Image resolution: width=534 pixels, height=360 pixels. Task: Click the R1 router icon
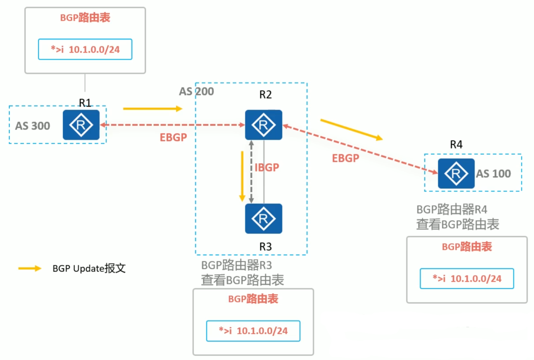pos(81,125)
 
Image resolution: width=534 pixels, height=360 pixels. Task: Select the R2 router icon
pos(263,125)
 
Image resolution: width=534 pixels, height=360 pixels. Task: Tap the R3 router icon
pos(263,219)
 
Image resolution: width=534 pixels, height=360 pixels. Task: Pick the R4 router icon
pos(456,173)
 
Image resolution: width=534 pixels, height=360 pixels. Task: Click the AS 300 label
pos(33,126)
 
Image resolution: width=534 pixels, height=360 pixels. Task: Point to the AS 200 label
pos(196,91)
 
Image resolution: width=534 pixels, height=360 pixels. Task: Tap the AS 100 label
pos(494,174)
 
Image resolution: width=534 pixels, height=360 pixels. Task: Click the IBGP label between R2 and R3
pos(267,167)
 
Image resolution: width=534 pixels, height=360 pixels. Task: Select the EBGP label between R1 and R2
pos(173,137)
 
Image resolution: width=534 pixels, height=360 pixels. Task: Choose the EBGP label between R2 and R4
pos(346,158)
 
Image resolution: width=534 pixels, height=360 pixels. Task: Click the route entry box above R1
pos(85,49)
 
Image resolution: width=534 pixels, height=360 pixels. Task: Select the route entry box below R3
pos(253,331)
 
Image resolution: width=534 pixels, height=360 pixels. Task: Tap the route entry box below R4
pos(467,278)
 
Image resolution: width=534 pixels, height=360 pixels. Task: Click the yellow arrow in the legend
pos(30,269)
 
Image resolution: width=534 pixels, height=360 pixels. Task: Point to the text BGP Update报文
pos(89,268)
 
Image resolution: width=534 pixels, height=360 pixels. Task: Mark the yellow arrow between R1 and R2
pos(153,108)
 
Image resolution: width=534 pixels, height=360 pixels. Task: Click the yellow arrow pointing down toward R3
pos(242,176)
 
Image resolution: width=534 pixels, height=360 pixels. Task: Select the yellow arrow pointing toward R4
pos(351,129)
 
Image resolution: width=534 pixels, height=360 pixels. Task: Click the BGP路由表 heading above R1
pos(85,18)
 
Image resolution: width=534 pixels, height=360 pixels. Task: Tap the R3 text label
pos(265,247)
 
